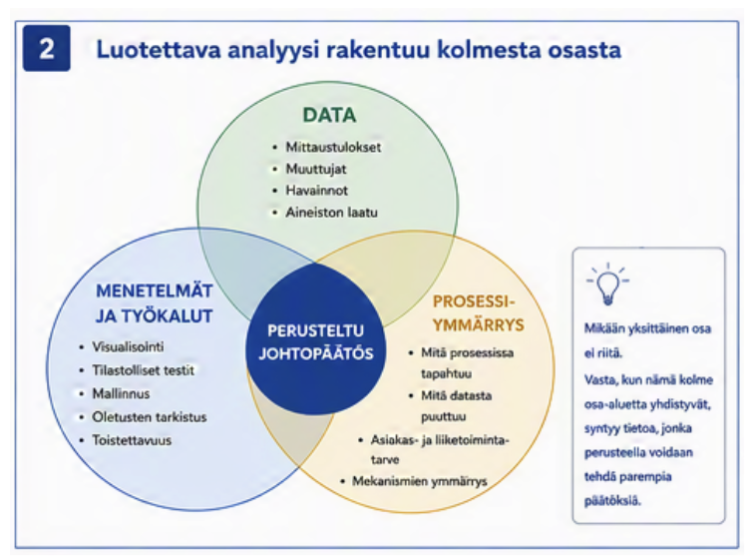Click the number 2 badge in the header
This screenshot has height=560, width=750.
[47, 48]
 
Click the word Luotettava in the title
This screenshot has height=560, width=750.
[159, 50]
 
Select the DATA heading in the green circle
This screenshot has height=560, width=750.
[329, 115]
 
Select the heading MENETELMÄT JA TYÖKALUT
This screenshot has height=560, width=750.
[154, 303]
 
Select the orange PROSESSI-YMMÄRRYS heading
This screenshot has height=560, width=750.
[479, 313]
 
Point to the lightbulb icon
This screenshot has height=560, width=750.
[607, 283]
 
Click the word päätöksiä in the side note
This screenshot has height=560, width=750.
[612, 501]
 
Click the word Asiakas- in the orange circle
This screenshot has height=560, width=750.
[394, 440]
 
